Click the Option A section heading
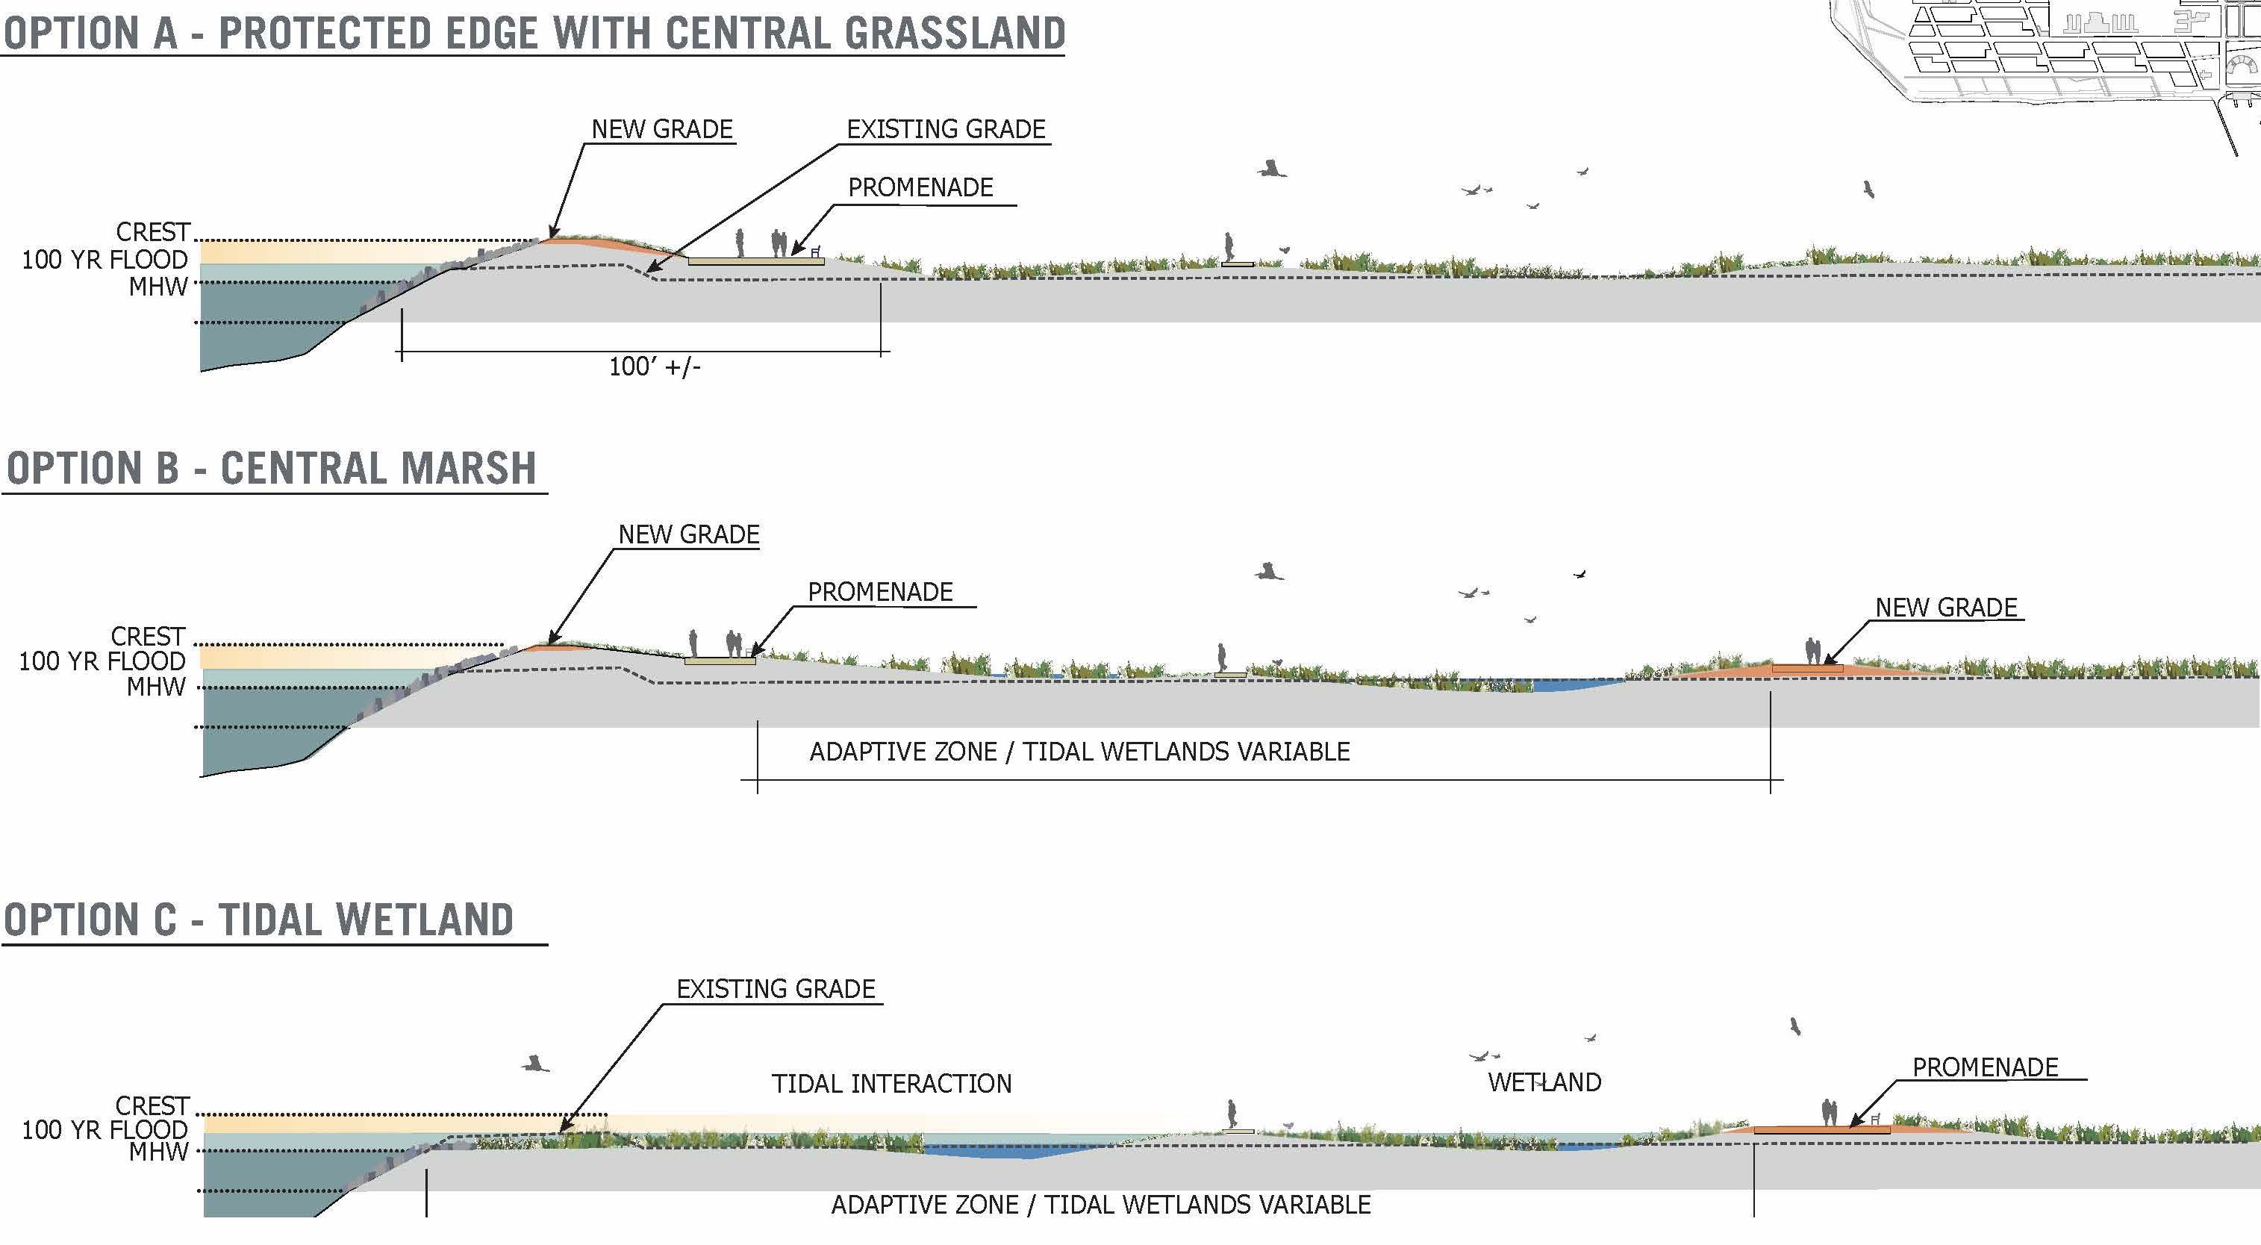(534, 34)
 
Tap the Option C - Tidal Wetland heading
(259, 920)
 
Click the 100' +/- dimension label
(655, 366)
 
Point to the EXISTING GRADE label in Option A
(945, 129)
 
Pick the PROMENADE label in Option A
(920, 187)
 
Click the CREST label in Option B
(148, 636)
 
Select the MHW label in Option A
(158, 287)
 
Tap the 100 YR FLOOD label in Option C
(105, 1129)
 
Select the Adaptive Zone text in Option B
(1079, 752)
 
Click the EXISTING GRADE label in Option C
(776, 989)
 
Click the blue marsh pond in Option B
(1571, 684)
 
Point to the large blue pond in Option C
(1009, 1149)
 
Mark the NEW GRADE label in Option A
(662, 129)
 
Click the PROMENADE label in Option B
(880, 592)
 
